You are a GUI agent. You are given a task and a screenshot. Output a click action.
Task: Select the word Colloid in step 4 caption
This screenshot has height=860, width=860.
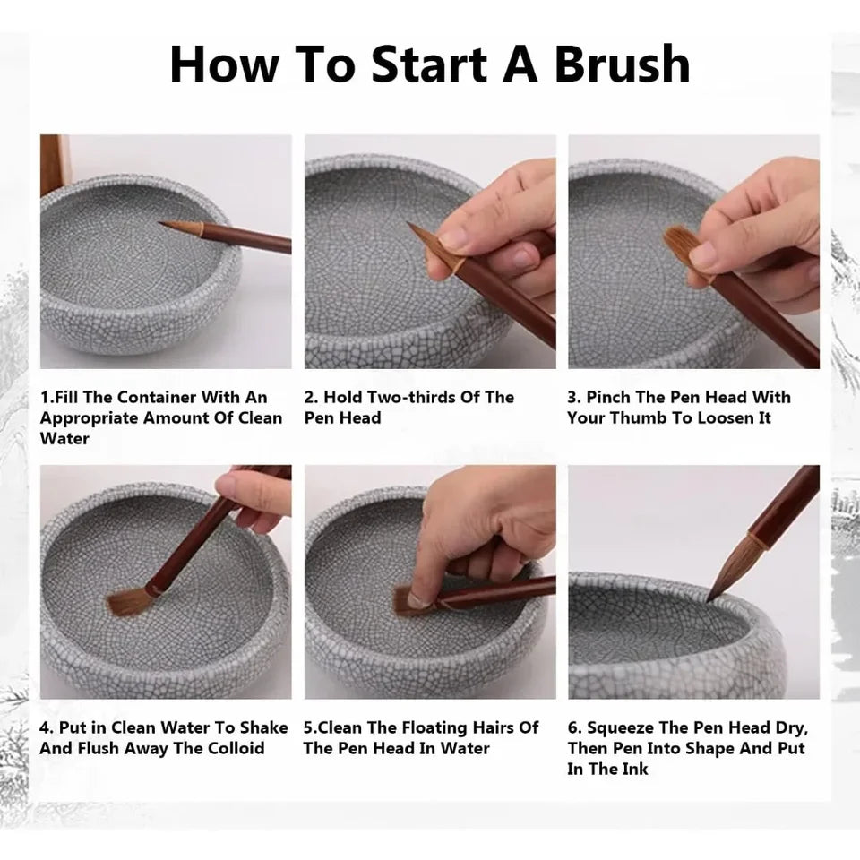(232, 748)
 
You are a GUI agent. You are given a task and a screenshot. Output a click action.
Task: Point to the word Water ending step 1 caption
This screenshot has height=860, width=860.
(64, 439)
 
